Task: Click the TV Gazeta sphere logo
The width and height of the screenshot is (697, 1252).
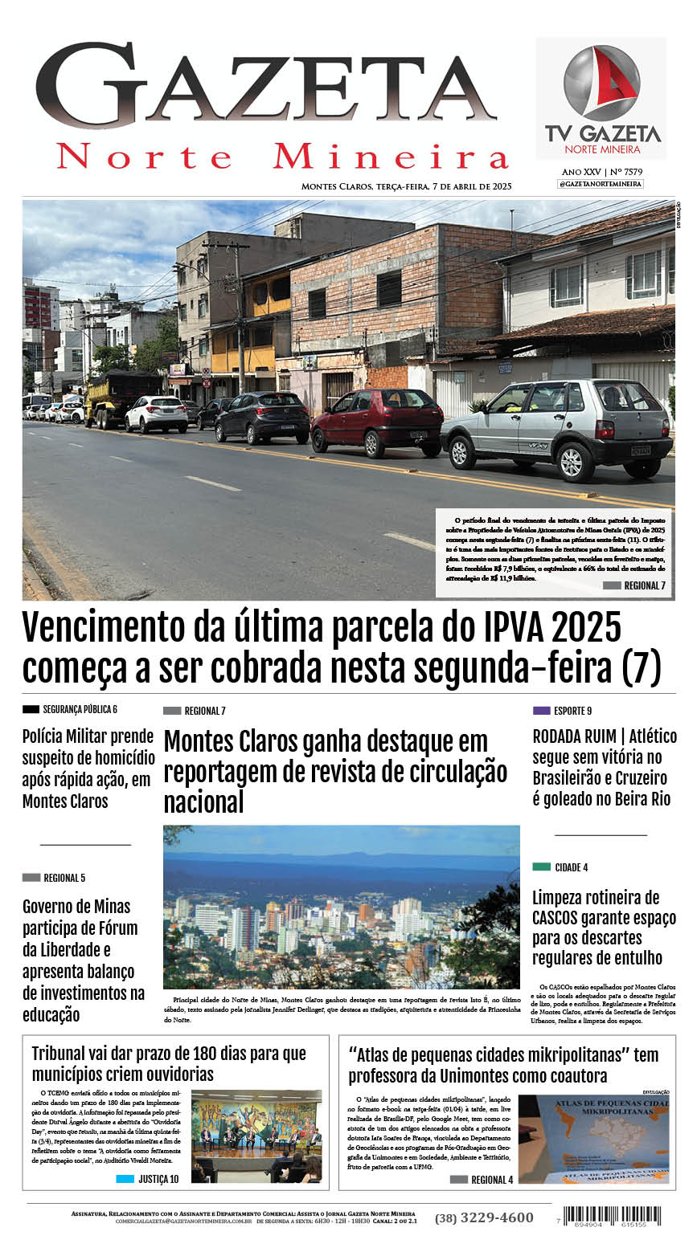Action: tap(601, 83)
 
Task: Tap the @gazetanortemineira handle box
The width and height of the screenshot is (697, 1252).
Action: tap(600, 184)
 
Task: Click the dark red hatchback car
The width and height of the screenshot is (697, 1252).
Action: tap(377, 420)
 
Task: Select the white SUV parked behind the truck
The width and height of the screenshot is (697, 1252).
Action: tap(156, 413)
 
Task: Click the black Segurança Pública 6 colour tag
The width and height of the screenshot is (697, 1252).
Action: tap(31, 709)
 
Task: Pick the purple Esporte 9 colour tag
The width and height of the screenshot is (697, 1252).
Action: tap(541, 711)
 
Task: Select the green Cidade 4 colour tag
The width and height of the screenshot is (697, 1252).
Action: tap(541, 867)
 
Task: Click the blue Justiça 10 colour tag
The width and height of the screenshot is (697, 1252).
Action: tap(125, 1179)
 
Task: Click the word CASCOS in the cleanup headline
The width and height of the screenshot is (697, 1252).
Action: tap(559, 918)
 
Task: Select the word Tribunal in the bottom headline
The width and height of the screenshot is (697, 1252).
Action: tap(64, 1053)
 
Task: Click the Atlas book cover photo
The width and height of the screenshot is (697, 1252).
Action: tap(593, 1138)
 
